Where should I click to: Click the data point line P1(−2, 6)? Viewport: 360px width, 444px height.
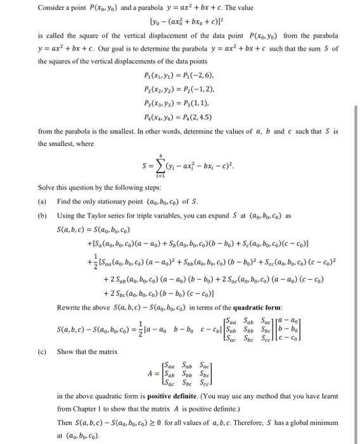[x=167, y=74]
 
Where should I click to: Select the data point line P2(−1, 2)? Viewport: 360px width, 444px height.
[x=167, y=89]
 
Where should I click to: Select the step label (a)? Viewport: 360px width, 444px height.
[x=42, y=201]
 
